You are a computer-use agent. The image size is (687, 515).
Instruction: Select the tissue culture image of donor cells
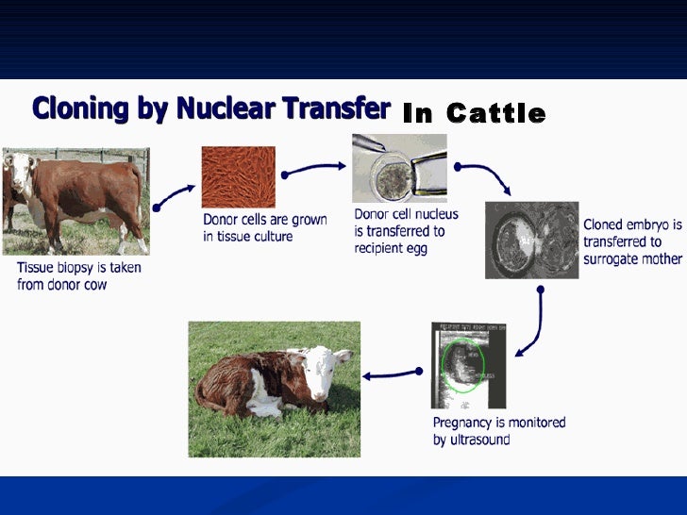pos(238,176)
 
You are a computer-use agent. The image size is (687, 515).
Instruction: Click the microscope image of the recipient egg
pos(398,168)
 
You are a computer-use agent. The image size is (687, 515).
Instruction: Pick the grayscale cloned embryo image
pos(531,240)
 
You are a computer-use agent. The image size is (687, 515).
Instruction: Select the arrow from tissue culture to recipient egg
pos(312,169)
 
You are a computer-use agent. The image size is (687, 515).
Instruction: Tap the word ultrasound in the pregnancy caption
pos(481,440)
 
